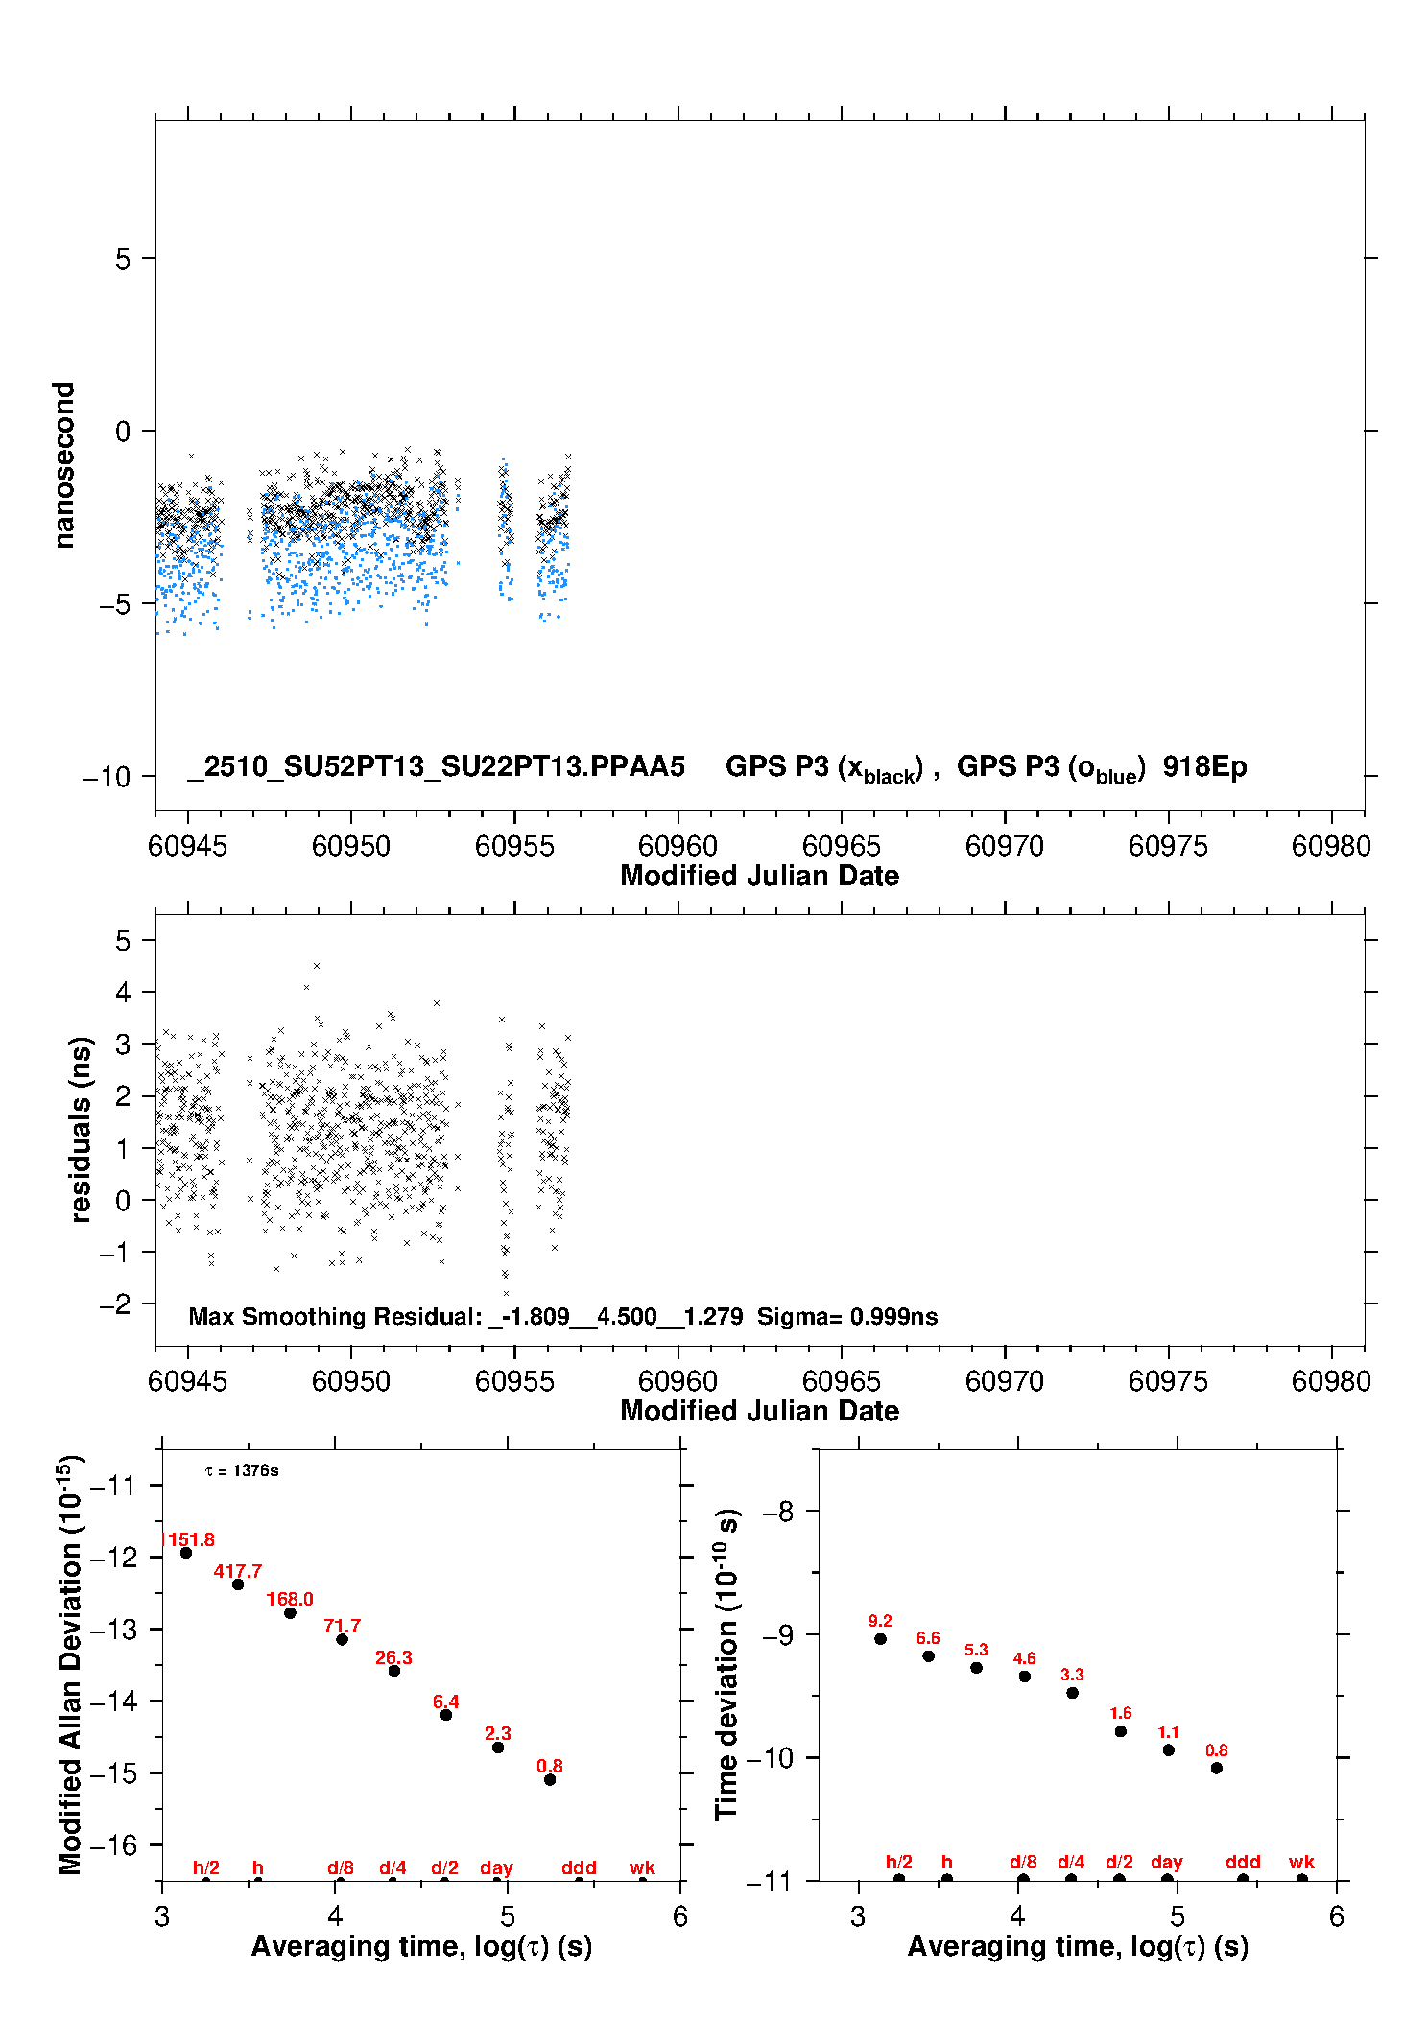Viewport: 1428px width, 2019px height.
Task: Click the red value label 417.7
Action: [x=237, y=1571]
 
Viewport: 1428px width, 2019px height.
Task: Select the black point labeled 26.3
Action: [x=393, y=1671]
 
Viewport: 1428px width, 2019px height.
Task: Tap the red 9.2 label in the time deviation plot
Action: [x=880, y=1621]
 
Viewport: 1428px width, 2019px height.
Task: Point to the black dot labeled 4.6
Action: [x=1024, y=1677]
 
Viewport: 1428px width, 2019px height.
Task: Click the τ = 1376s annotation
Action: [x=242, y=1470]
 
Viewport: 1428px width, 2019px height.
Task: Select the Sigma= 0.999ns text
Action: [x=846, y=1316]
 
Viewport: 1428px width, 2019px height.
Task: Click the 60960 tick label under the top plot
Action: [x=678, y=846]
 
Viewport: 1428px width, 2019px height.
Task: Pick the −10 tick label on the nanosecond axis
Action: [x=107, y=776]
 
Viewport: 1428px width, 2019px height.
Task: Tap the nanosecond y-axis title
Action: [x=63, y=464]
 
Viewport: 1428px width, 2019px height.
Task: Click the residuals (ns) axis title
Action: [x=81, y=1129]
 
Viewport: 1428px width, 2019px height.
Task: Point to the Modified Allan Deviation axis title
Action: [x=69, y=1664]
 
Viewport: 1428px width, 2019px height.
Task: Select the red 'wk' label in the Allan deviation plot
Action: [x=642, y=1867]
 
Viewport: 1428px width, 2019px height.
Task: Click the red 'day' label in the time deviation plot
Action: [x=1166, y=1862]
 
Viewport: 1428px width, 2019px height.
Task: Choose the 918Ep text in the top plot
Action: [x=1204, y=766]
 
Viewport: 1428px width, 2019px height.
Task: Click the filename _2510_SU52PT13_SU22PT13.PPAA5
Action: [x=437, y=766]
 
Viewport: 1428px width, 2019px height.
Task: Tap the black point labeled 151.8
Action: [x=186, y=1553]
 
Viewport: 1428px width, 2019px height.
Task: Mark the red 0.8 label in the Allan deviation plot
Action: [x=550, y=1766]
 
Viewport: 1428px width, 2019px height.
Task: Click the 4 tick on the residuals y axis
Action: [x=123, y=992]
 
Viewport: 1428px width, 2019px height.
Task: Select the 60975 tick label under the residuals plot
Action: [x=1168, y=1381]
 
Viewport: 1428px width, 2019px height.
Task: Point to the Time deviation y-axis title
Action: [x=726, y=1664]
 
